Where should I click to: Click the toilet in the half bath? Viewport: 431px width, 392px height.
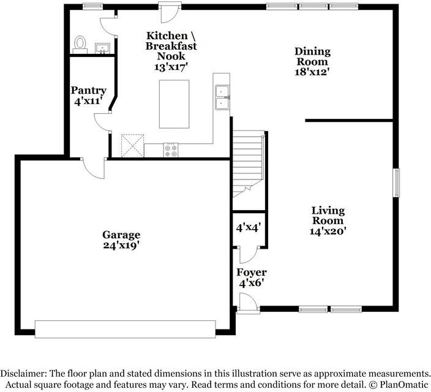[80, 45]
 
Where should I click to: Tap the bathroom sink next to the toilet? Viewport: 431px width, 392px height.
[102, 48]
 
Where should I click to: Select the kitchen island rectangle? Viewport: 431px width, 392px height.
[174, 104]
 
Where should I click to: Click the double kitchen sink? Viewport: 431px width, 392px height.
[222, 97]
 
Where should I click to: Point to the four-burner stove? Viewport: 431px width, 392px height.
[171, 150]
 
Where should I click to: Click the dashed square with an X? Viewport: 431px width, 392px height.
[132, 146]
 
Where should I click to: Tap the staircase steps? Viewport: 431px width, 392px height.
[249, 164]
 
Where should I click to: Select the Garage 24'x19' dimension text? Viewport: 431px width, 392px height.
[120, 245]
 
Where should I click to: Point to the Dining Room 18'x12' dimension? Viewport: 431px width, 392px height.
[312, 72]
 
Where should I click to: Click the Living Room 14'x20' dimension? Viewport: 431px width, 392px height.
[328, 231]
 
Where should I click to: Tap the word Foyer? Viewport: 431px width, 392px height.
[252, 273]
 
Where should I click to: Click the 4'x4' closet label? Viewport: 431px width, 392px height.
[249, 227]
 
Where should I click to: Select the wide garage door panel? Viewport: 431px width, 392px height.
[126, 329]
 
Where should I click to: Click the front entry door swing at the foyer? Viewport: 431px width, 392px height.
[248, 303]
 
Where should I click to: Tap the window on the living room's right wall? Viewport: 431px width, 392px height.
[396, 183]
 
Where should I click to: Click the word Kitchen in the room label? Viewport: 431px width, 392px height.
[167, 36]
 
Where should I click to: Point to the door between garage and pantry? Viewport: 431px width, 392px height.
[94, 168]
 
